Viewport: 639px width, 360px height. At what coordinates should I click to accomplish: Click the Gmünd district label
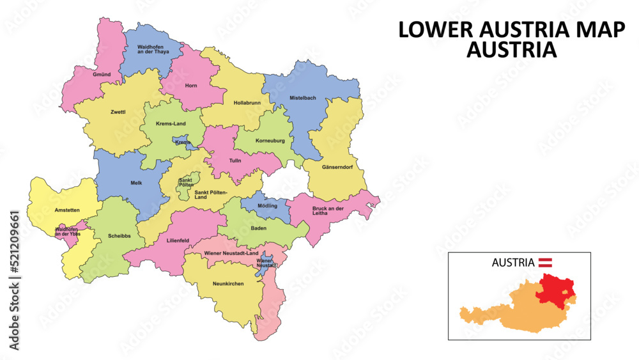102,75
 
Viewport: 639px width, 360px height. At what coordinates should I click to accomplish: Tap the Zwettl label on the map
118,112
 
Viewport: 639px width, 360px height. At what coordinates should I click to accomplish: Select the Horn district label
191,86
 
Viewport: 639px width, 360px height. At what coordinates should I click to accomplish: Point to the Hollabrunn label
247,102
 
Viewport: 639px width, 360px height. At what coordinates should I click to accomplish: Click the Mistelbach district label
303,98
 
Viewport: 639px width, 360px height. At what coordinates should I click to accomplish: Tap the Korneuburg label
270,140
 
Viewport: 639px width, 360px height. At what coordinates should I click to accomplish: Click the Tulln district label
235,160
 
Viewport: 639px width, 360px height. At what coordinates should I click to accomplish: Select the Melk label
136,183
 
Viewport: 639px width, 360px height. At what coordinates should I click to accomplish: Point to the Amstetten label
67,210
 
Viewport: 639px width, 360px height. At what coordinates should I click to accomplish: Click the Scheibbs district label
119,235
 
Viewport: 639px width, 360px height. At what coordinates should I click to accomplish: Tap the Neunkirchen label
228,283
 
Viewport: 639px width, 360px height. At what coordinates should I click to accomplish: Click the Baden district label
259,228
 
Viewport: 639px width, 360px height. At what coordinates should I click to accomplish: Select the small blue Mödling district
267,205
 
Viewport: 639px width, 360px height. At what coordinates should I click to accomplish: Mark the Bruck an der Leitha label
328,211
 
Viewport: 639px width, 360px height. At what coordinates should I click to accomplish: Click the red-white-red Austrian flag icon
546,262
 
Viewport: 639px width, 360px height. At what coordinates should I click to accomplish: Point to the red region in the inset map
554,290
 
